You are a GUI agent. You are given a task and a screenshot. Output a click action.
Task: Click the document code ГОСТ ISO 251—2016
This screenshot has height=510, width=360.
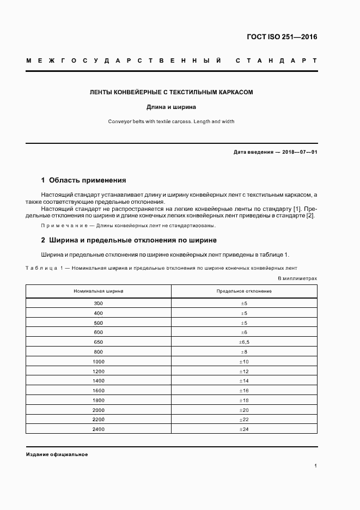click(282, 37)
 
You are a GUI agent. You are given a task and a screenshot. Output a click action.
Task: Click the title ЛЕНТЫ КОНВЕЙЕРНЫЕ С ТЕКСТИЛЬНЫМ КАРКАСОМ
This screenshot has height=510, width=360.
click(171, 93)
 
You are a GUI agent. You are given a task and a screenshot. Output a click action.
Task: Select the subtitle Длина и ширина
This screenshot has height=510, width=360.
click(171, 107)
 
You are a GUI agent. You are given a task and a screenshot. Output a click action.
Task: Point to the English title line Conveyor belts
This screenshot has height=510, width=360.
click(171, 122)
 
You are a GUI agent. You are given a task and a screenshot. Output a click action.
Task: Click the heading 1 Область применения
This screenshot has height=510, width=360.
click(83, 180)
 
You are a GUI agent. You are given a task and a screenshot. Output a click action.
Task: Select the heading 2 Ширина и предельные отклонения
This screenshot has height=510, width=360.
click(129, 240)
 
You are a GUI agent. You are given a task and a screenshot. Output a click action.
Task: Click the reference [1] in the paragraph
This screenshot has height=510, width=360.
click(298, 209)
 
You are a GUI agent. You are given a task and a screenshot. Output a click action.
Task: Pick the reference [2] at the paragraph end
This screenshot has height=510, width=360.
click(310, 216)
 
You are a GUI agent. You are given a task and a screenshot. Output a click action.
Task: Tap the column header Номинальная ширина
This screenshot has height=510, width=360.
click(99, 291)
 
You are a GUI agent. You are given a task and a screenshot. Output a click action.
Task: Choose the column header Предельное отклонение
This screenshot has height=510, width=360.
click(244, 291)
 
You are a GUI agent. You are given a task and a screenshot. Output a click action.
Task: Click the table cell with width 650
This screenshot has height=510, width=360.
click(99, 342)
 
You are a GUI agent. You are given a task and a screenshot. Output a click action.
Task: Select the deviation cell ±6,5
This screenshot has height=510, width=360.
click(244, 342)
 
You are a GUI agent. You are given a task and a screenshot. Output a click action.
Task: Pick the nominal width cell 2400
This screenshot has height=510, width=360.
click(99, 429)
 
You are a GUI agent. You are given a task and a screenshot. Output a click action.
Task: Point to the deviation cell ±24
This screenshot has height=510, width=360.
click(244, 429)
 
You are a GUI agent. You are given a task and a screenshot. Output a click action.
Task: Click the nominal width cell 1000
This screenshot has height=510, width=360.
click(99, 362)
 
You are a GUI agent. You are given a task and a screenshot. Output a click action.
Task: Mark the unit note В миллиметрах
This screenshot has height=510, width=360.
click(297, 278)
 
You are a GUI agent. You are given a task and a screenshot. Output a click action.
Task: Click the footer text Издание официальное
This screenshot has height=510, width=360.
click(57, 454)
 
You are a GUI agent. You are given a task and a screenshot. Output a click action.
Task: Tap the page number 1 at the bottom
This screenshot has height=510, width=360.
click(315, 466)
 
